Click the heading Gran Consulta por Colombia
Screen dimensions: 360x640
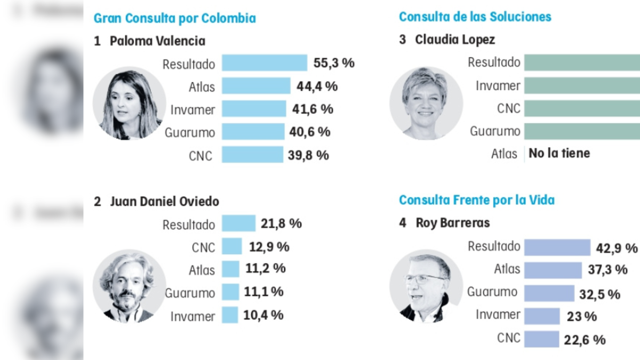(174, 18)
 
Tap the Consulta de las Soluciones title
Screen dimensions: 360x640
(475, 17)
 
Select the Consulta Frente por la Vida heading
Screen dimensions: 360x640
(477, 200)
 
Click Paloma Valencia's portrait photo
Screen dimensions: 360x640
(129, 103)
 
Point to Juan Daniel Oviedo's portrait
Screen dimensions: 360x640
(129, 286)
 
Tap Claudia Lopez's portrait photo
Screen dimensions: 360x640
(426, 103)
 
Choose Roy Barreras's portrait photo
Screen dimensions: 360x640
(426, 286)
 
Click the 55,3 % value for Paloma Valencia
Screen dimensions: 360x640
(334, 63)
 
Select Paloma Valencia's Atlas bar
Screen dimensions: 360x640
(256, 86)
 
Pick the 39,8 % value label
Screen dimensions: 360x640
(309, 155)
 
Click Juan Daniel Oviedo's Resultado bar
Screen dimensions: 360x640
(239, 223)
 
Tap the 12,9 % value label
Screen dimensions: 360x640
(269, 246)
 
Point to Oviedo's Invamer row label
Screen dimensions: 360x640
(193, 316)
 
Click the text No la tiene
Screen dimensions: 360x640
(559, 154)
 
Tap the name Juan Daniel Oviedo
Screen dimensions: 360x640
(164, 202)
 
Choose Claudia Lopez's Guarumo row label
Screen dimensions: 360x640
(494, 131)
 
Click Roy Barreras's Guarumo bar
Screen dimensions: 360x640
(549, 293)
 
